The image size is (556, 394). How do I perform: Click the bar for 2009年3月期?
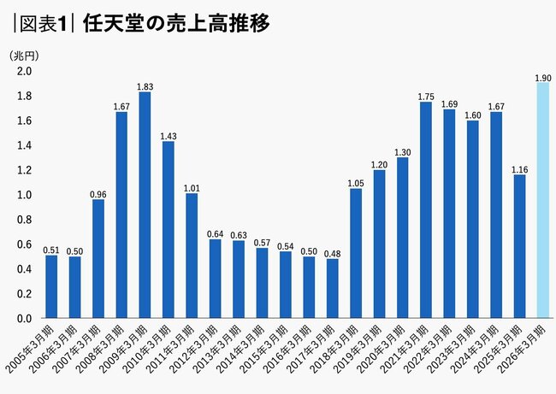(x=145, y=205)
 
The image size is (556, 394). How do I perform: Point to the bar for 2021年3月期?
(x=425, y=210)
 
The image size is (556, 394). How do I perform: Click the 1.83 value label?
(x=145, y=86)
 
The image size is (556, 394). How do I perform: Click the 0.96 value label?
(x=98, y=194)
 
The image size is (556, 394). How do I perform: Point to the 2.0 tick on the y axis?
(x=25, y=71)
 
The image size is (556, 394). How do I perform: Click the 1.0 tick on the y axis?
(x=25, y=195)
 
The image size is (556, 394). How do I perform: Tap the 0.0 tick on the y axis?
(x=25, y=319)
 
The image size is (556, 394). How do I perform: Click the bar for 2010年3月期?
(x=168, y=230)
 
